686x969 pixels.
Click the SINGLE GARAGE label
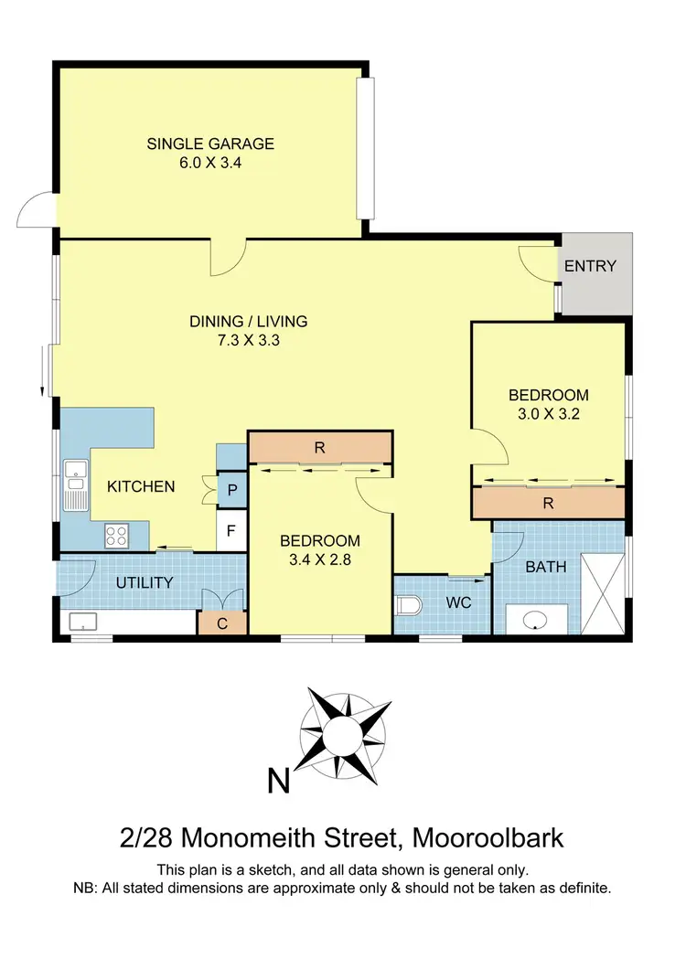point(210,144)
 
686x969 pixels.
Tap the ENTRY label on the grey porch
point(590,267)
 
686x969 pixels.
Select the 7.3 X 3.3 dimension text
point(248,341)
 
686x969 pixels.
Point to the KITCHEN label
point(141,486)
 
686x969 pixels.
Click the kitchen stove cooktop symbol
point(117,535)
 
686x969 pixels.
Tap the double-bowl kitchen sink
point(74,488)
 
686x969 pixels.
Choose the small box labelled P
point(232,491)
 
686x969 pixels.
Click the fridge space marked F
point(232,531)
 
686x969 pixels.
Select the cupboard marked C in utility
point(222,623)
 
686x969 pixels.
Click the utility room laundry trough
point(85,623)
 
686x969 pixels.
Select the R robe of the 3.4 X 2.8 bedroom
point(320,448)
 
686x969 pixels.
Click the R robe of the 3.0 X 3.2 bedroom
point(547,502)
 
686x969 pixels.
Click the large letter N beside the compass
point(278,782)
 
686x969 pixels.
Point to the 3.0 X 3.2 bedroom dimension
point(548,413)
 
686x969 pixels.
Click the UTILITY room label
point(145,582)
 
